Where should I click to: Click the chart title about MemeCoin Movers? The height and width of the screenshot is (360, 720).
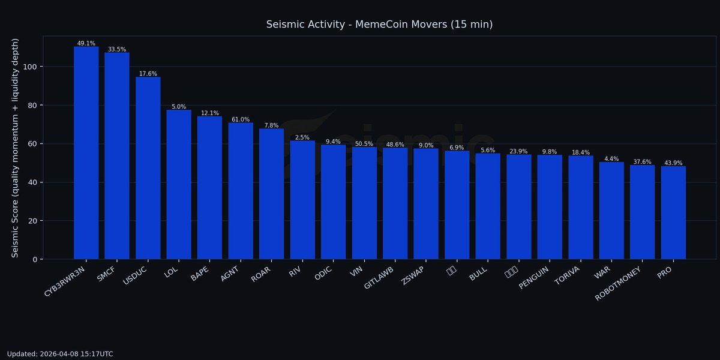tap(379, 25)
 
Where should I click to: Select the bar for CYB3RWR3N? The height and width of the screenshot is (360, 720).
tap(86, 153)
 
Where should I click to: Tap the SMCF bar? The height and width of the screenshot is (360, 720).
tap(117, 156)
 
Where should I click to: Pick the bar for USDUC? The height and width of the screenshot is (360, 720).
tap(148, 168)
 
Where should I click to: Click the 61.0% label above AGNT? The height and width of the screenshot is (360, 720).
tap(241, 119)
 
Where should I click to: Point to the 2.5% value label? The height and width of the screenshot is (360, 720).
tap(302, 137)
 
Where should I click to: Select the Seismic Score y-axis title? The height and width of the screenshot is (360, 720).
tap(16, 148)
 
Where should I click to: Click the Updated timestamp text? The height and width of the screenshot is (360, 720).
tap(60, 354)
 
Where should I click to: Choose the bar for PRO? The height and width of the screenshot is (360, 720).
tap(673, 213)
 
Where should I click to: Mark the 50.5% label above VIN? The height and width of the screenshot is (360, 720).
tap(364, 144)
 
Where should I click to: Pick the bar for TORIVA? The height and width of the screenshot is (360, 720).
tap(581, 208)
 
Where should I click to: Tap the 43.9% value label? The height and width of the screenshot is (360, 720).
tap(674, 163)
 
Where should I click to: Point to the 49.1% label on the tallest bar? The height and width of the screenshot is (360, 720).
tap(86, 43)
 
